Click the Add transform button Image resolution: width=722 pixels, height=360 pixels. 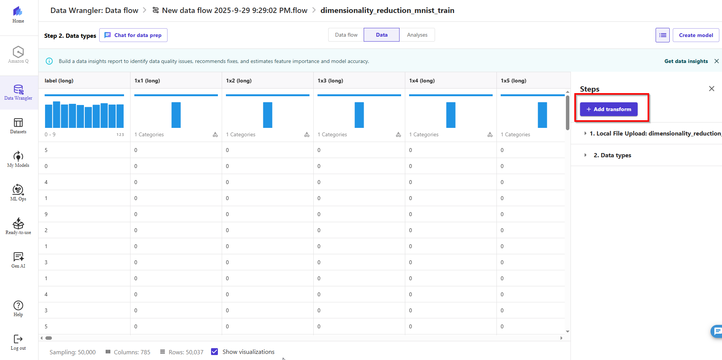(609, 109)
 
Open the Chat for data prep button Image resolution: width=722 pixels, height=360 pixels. (133, 35)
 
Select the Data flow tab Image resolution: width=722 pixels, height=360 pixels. (346, 35)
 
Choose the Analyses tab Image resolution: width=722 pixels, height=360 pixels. (417, 35)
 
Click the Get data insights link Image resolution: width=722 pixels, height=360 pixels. (686, 61)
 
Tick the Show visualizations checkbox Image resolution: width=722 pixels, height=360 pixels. (214, 352)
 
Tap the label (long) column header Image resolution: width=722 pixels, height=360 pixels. (59, 81)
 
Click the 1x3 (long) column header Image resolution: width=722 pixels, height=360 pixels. (330, 81)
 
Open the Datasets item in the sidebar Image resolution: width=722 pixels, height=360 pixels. (18, 126)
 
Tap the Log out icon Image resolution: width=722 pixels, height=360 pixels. (18, 342)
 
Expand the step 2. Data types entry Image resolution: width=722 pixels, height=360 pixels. (612, 155)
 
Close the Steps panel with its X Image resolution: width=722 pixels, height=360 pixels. (711, 89)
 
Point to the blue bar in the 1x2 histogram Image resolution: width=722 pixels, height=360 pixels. (268, 115)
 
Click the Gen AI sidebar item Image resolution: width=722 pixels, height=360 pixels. (18, 260)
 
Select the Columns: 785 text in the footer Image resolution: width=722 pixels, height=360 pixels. (132, 352)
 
